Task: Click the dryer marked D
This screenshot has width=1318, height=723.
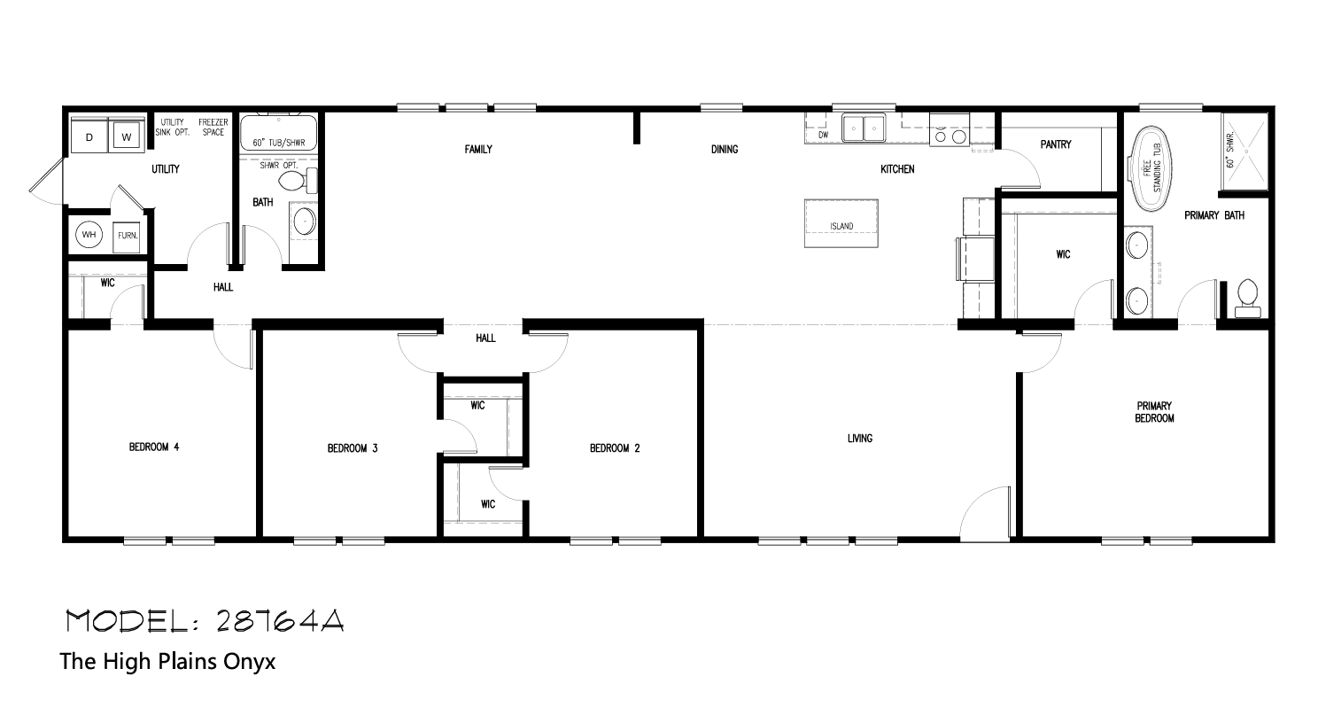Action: pos(89,136)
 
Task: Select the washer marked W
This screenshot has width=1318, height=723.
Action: pos(127,136)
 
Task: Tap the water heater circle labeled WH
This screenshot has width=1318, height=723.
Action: pos(89,235)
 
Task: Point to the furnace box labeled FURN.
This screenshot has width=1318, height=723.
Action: pos(127,236)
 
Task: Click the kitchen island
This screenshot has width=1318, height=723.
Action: pos(841,223)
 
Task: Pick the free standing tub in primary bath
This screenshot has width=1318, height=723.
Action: pos(1151,167)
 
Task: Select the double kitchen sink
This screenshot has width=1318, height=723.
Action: pos(864,128)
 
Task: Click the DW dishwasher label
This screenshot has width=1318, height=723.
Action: pos(823,136)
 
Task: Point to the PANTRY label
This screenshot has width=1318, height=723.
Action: pos(1056,144)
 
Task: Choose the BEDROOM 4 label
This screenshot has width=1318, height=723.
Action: pos(154,447)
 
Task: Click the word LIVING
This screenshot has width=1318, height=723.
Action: pos(860,438)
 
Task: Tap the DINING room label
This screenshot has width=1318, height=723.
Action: pos(725,150)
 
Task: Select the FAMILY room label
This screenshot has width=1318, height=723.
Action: pos(478,150)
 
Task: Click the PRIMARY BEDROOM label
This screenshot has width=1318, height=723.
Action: pos(1154,412)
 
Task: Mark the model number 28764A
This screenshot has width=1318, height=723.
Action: pos(280,620)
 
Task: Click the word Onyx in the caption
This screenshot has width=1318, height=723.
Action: pos(249,662)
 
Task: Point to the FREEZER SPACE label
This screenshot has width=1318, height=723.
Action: pos(213,128)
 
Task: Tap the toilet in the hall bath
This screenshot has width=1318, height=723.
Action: pos(298,181)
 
